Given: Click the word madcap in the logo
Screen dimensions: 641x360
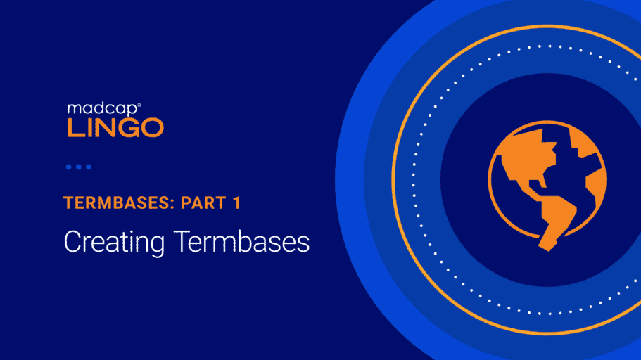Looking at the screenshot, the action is pyautogui.click(x=103, y=110).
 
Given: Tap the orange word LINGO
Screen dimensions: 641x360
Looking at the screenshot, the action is pyautogui.click(x=115, y=128).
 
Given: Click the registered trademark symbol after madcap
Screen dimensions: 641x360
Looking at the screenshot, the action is pyautogui.click(x=139, y=105).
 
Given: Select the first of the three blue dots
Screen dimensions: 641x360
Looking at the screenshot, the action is pyautogui.click(x=69, y=167).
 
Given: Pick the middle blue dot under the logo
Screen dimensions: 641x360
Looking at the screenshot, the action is pyautogui.click(x=79, y=167).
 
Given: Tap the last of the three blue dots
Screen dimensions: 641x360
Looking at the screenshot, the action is pyautogui.click(x=88, y=167).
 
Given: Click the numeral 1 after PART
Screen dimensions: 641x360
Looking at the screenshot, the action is pyautogui.click(x=237, y=203).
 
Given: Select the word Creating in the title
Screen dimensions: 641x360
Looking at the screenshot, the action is pyautogui.click(x=115, y=243).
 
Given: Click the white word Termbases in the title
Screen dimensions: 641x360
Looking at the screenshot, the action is pyautogui.click(x=241, y=241).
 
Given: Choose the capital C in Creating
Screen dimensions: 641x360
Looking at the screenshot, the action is pyautogui.click(x=72, y=241).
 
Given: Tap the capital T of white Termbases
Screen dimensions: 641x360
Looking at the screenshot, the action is pyautogui.click(x=182, y=241).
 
